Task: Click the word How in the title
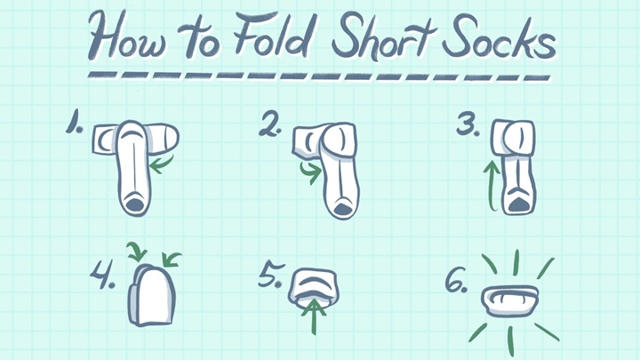(x=127, y=36)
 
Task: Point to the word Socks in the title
(x=499, y=39)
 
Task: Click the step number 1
(x=75, y=124)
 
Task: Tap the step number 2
(x=270, y=125)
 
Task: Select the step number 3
(x=468, y=124)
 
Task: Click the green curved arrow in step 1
(x=160, y=164)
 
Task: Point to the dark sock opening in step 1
(x=134, y=204)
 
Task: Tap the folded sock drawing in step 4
(x=152, y=295)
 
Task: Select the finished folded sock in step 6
(x=509, y=301)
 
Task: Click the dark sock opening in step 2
(x=342, y=210)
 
